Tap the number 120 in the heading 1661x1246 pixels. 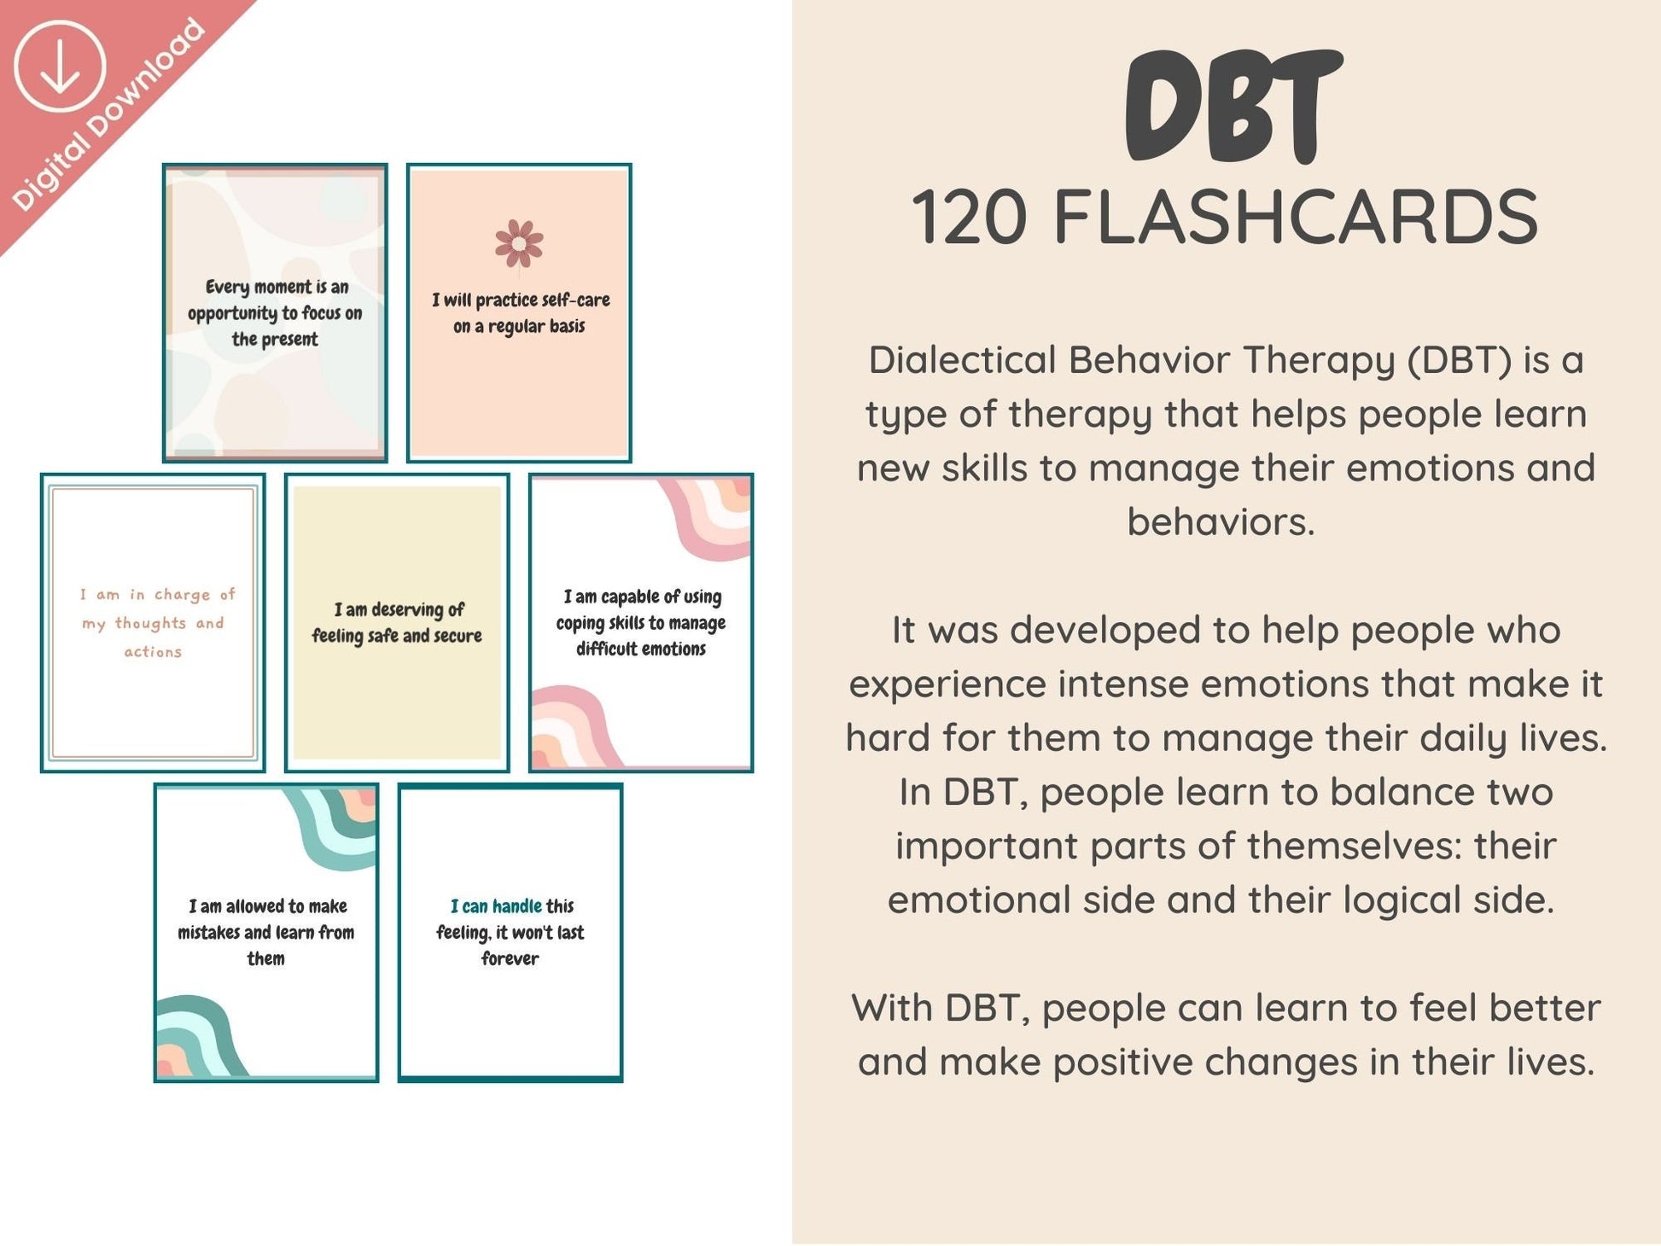pyautogui.click(x=970, y=218)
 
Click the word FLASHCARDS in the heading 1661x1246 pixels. pyautogui.click(x=1296, y=218)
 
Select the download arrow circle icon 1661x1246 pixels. pyautogui.click(x=60, y=68)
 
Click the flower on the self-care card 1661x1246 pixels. pyautogui.click(x=519, y=243)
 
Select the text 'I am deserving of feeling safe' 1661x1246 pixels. pyautogui.click(x=397, y=622)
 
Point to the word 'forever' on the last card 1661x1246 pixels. pyautogui.click(x=510, y=958)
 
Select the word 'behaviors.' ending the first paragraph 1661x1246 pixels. pyautogui.click(x=1221, y=521)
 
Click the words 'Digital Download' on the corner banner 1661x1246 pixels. pyautogui.click(x=108, y=114)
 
